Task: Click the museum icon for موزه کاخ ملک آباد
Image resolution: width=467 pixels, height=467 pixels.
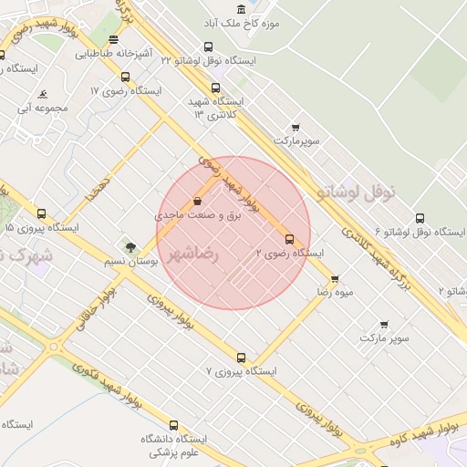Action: pos(241,8)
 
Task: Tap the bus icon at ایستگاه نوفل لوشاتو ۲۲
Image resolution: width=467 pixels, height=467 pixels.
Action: pos(209,47)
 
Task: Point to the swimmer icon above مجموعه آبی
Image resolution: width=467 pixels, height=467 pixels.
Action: pos(43,94)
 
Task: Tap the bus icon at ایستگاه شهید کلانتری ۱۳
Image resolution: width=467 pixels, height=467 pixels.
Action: pos(215,88)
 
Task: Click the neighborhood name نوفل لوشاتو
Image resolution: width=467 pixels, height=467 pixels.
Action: pos(357,192)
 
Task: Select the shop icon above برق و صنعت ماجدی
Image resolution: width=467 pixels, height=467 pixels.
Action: pos(198,202)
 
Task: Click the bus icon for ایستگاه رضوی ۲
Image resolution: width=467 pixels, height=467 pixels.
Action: pos(290,239)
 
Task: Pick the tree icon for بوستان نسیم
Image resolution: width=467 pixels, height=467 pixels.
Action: pos(130,247)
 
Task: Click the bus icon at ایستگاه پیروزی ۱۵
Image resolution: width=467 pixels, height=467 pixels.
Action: pos(41,213)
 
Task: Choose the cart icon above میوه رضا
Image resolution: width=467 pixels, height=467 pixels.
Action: pos(335,279)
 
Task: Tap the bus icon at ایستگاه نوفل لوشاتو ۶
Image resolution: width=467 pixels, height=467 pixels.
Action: pos(420,218)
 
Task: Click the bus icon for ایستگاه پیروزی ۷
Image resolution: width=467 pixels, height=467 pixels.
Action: pos(241,358)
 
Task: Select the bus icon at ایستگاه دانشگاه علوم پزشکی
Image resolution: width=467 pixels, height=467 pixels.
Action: pos(173,425)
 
